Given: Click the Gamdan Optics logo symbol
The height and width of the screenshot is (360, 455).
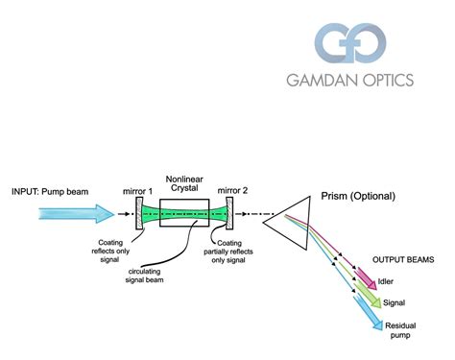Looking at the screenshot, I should tap(350, 44).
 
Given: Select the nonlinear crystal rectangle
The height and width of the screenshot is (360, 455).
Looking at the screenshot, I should tap(183, 210).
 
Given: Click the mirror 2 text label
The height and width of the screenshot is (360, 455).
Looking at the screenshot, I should tap(231, 192).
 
